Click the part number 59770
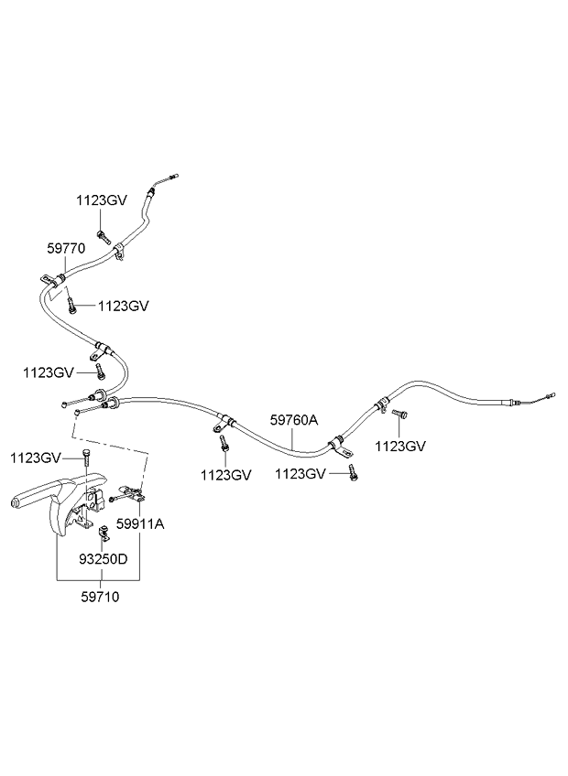point(66,247)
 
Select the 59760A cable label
point(293,420)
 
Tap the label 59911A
point(139,524)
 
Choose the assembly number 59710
point(101,597)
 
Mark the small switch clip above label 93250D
point(103,530)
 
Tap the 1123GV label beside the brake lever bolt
point(36,457)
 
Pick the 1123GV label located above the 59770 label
point(101,199)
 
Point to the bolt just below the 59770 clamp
point(71,306)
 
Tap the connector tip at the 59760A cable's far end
point(549,396)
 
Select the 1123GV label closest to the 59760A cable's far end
point(400,446)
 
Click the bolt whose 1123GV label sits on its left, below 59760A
point(351,472)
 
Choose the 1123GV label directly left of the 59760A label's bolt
point(225,475)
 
